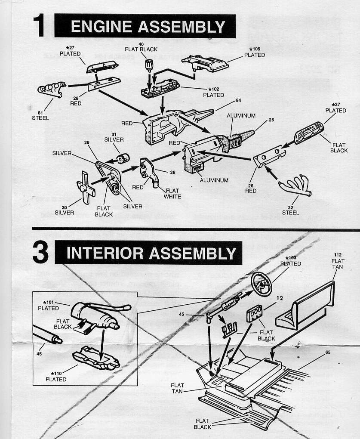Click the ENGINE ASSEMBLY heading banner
[x=145, y=26]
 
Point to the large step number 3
[x=41, y=254]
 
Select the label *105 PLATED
[x=254, y=52]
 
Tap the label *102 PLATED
[x=213, y=92]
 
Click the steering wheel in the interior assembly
[x=261, y=284]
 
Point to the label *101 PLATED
[x=48, y=305]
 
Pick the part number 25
[x=271, y=119]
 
